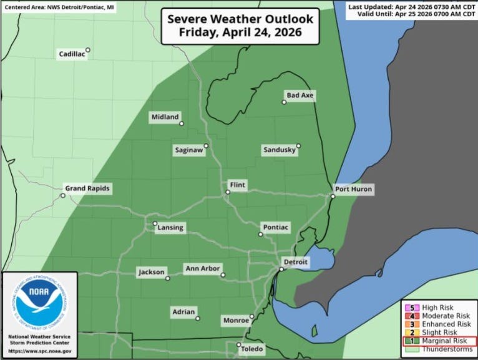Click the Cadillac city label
pyautogui.click(x=72, y=54)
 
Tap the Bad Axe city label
pyautogui.click(x=300, y=95)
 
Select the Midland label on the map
pyautogui.click(x=165, y=117)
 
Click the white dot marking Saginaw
pyautogui.click(x=206, y=145)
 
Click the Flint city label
pyautogui.click(x=238, y=185)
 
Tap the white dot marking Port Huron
pyautogui.click(x=333, y=196)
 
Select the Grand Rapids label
pyautogui.click(x=89, y=188)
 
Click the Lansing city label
pyautogui.click(x=170, y=228)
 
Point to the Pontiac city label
pyautogui.click(x=276, y=227)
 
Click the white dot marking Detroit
pyautogui.click(x=281, y=269)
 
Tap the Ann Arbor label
pyautogui.click(x=202, y=269)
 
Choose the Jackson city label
pyautogui.click(x=152, y=272)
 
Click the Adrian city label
pyautogui.click(x=183, y=311)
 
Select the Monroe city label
pyautogui.click(x=236, y=320)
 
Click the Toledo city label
pyautogui.click(x=253, y=349)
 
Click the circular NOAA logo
pyautogui.click(x=40, y=303)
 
